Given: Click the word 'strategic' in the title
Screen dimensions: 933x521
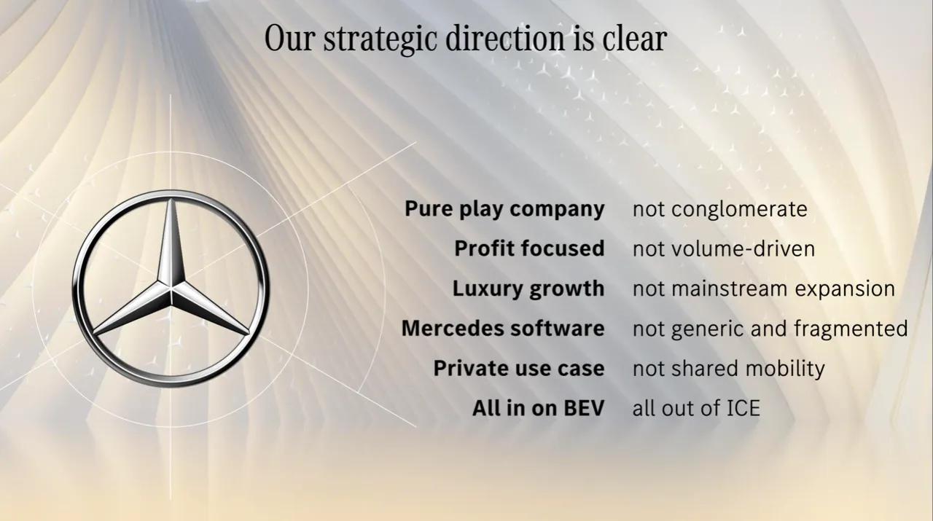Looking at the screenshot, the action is [380, 40].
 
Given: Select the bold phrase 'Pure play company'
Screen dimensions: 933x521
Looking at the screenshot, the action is [504, 209].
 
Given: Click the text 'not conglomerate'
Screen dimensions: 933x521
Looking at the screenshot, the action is [719, 209].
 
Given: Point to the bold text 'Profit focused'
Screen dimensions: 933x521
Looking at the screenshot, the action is [529, 248].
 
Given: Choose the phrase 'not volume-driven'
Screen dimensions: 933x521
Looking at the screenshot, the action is [724, 249].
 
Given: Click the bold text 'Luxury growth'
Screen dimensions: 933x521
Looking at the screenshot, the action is [528, 289].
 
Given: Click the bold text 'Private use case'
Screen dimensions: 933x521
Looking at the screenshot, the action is [518, 369].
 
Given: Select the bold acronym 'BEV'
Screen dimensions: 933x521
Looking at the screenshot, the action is [584, 408].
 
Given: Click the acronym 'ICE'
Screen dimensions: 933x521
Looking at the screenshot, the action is [743, 408].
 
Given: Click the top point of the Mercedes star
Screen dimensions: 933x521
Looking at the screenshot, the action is [171, 199].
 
